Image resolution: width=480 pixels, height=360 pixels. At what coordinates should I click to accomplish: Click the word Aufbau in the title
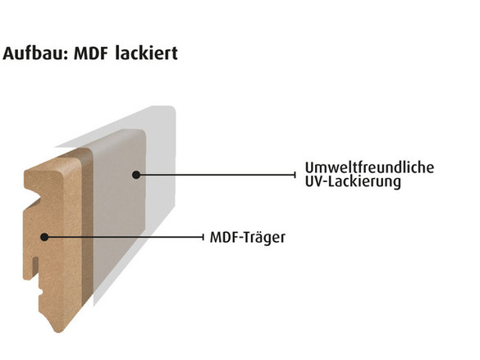pyautogui.click(x=35, y=53)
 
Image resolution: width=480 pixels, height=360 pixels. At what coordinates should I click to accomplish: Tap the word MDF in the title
pyautogui.click(x=90, y=53)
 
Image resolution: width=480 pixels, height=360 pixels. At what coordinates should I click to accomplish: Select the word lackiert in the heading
pyautogui.click(x=147, y=53)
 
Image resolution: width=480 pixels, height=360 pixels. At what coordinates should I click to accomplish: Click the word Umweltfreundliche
pyautogui.click(x=369, y=167)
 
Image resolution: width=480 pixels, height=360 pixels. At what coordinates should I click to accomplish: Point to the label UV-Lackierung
pyautogui.click(x=353, y=182)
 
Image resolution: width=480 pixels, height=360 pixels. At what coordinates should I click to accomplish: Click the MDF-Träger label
pyautogui.click(x=247, y=237)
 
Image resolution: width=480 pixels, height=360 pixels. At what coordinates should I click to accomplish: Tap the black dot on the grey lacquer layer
pyautogui.click(x=136, y=175)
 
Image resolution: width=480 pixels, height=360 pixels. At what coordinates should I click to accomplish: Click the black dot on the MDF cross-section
pyautogui.click(x=44, y=237)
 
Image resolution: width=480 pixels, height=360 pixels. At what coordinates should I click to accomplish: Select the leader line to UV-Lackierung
pyautogui.click(x=216, y=175)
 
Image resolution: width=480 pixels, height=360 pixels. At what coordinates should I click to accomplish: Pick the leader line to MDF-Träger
pyautogui.click(x=124, y=237)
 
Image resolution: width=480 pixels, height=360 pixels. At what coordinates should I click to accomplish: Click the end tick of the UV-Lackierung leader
pyautogui.click(x=295, y=175)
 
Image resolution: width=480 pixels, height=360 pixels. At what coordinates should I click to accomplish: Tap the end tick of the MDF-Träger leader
pyautogui.click(x=203, y=237)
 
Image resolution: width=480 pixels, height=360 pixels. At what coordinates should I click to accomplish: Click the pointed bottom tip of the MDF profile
pyautogui.click(x=57, y=332)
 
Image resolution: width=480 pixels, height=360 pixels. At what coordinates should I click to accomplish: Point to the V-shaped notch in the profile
pyautogui.click(x=34, y=198)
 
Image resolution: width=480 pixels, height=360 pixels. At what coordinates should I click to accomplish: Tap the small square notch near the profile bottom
pyautogui.click(x=41, y=291)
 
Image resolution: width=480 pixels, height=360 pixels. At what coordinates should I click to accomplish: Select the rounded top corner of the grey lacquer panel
pyautogui.click(x=142, y=132)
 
